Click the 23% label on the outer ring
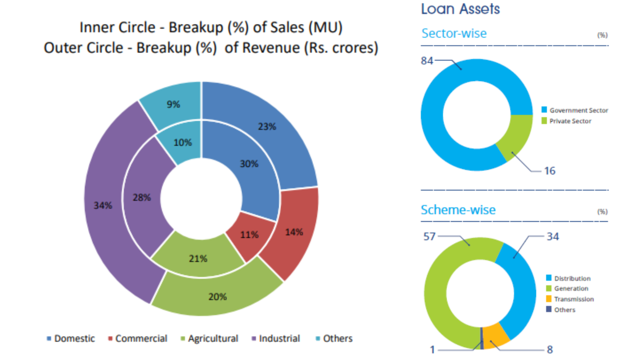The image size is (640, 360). pyautogui.click(x=267, y=126)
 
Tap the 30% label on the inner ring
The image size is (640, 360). pyautogui.click(x=249, y=163)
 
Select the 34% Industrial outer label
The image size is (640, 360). pyautogui.click(x=103, y=205)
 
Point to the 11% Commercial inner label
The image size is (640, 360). pyautogui.click(x=249, y=234)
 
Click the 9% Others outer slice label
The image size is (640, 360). pyautogui.click(x=173, y=104)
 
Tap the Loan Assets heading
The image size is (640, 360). pyautogui.click(x=460, y=9)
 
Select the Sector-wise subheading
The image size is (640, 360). pyautogui.click(x=454, y=33)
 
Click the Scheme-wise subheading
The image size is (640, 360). pyautogui.click(x=458, y=209)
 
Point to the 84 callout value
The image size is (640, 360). pyautogui.click(x=427, y=61)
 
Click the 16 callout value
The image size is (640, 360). pyautogui.click(x=549, y=171)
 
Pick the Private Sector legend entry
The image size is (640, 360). pyautogui.click(x=570, y=121)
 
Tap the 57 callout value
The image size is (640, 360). pyautogui.click(x=430, y=236)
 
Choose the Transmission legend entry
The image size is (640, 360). pyautogui.click(x=573, y=299)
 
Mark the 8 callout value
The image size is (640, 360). pyautogui.click(x=550, y=350)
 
